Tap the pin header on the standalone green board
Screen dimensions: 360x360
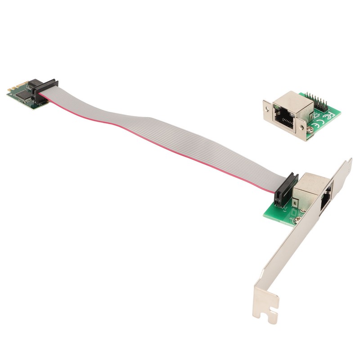click(318, 100)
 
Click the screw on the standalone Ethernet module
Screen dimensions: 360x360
click(310, 130)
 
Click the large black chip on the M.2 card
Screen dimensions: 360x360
click(24, 93)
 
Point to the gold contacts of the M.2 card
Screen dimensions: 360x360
click(9, 90)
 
